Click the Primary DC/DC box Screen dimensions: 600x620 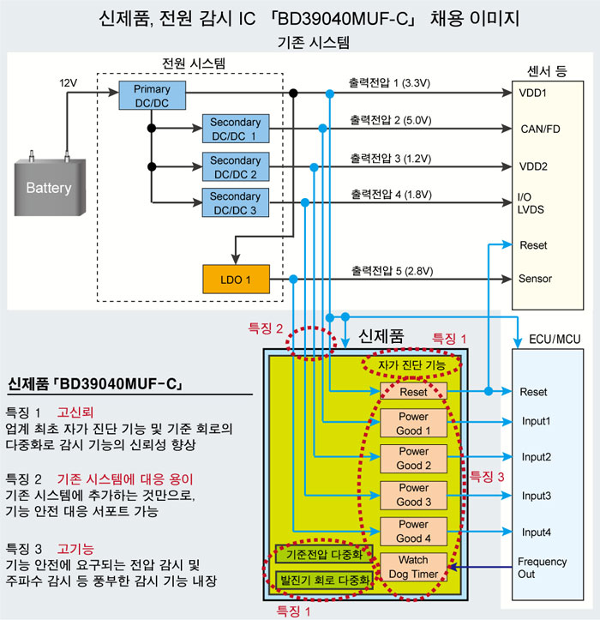point(153,95)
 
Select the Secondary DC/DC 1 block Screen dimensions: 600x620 point(236,129)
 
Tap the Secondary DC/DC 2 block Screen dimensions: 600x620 point(236,166)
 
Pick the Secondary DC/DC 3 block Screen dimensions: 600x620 point(236,202)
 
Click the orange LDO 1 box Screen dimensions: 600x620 point(236,280)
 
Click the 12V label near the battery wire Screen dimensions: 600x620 point(68,83)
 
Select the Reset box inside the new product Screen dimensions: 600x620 point(413,391)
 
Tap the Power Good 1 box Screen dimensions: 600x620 point(413,423)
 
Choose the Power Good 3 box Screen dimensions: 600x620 point(413,495)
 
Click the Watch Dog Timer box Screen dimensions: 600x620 point(413,567)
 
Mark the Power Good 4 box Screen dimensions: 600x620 point(413,531)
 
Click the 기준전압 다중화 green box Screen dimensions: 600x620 point(324,554)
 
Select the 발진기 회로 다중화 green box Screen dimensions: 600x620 point(324,580)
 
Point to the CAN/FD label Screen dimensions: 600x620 point(540,129)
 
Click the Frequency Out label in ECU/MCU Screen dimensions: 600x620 point(542,568)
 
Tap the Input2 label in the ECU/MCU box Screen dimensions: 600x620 point(536,457)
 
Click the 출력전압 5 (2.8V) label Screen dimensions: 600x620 point(392,271)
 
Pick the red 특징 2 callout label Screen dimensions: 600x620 point(265,328)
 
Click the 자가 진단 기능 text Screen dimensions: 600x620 point(411,365)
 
